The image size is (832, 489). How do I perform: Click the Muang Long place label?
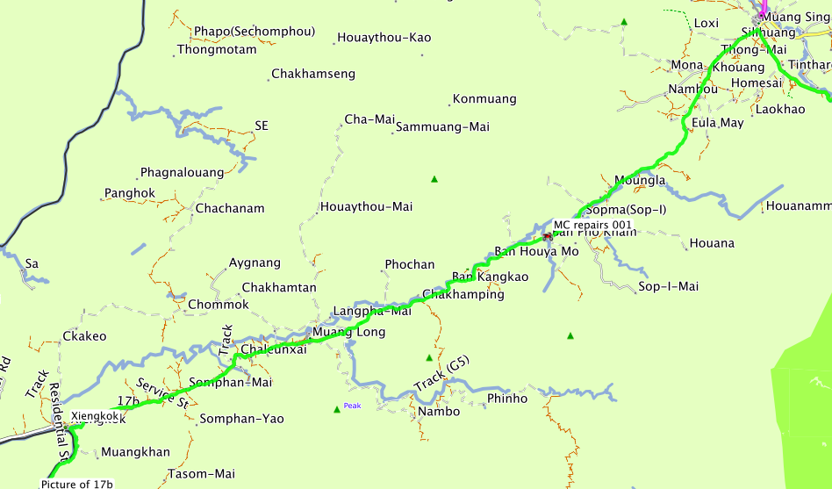click(x=348, y=331)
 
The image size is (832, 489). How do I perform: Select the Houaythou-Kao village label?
click(x=384, y=38)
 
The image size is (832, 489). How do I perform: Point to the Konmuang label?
click(x=484, y=99)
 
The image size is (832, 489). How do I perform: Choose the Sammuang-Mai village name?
click(x=442, y=127)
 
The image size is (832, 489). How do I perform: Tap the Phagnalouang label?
click(x=182, y=173)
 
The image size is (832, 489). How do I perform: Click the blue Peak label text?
click(x=352, y=406)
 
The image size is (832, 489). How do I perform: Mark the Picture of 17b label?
click(x=76, y=484)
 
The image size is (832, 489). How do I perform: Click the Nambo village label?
click(x=439, y=412)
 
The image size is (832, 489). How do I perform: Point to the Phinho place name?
click(x=507, y=399)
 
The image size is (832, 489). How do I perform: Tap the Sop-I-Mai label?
click(x=668, y=287)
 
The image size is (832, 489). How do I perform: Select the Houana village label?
click(x=712, y=243)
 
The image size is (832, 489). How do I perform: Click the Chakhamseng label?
click(x=313, y=75)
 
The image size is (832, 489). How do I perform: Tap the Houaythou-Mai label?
click(x=366, y=207)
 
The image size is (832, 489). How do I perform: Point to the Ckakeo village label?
click(x=84, y=336)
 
